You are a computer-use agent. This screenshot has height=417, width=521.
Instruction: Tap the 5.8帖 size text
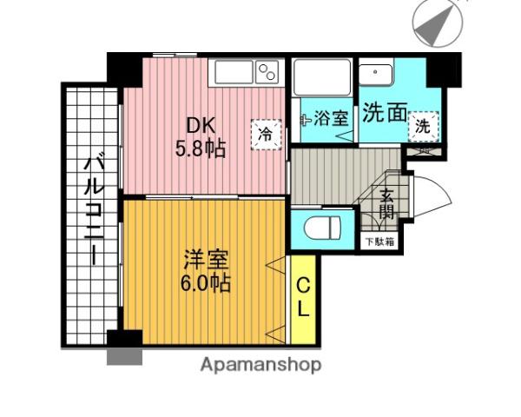click(201, 149)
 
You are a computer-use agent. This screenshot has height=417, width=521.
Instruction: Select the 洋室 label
click(207, 260)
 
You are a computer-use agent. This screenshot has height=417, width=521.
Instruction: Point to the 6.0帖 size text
click(207, 283)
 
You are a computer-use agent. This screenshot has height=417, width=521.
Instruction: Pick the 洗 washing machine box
click(423, 126)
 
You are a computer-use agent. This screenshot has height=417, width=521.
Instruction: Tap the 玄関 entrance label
click(387, 204)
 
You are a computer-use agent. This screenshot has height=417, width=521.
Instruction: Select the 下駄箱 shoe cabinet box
click(379, 241)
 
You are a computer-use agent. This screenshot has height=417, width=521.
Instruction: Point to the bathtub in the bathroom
click(321, 79)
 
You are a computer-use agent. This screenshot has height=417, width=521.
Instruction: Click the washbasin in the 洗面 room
click(376, 74)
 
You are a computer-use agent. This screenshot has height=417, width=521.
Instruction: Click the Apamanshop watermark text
click(260, 365)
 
